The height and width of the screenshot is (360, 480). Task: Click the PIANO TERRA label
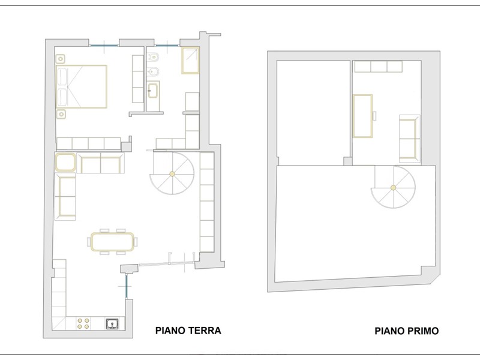[188, 331]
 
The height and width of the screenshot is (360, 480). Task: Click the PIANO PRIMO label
[407, 331]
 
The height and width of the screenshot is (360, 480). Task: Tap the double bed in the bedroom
[82, 86]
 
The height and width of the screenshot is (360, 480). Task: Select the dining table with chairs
[112, 242]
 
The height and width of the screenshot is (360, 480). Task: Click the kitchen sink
[113, 323]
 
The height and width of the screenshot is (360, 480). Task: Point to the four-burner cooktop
[83, 323]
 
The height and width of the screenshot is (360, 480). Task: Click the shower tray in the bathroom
[190, 61]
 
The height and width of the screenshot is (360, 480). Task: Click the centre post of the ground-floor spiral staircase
[172, 174]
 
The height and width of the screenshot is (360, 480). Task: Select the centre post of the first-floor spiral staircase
[394, 188]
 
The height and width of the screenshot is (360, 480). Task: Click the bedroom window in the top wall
[104, 46]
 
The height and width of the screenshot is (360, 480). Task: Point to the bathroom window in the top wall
[167, 46]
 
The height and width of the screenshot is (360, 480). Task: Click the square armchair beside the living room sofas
[65, 162]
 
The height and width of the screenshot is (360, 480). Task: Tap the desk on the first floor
[363, 116]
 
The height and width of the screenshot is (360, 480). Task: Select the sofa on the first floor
[410, 139]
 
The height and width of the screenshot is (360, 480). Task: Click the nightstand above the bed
[61, 59]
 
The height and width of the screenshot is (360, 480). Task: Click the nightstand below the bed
[61, 114]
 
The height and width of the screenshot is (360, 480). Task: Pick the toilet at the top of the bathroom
[153, 56]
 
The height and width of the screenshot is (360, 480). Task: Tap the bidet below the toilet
[153, 71]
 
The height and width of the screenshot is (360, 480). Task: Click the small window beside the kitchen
[126, 286]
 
